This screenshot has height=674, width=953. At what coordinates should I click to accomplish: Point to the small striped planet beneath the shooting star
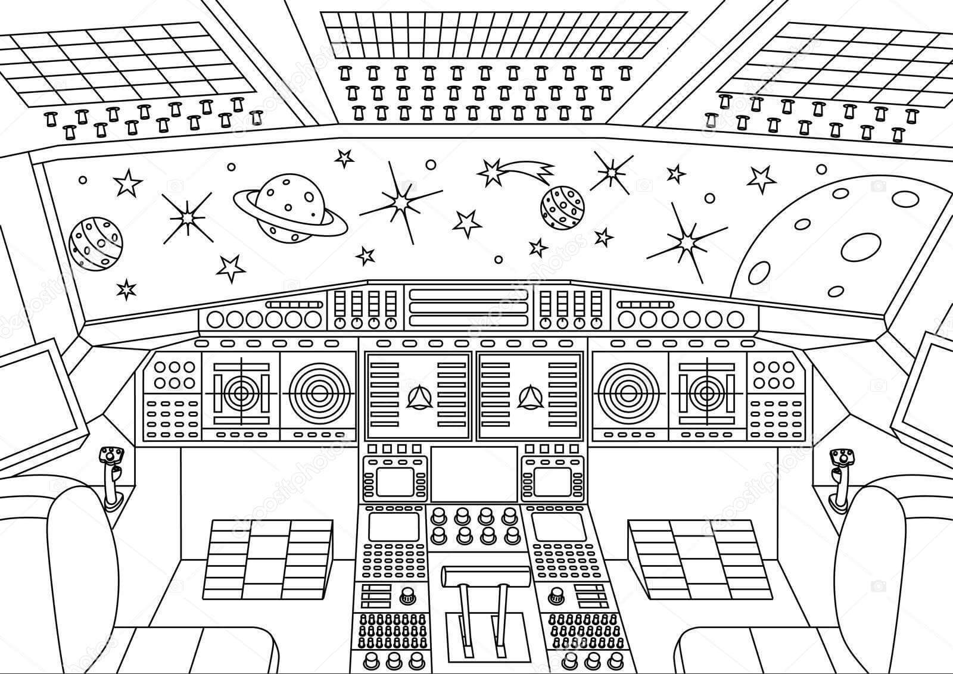point(562,207)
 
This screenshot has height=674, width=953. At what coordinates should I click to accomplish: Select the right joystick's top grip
point(842,457)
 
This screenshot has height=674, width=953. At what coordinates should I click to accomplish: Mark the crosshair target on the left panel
point(241,392)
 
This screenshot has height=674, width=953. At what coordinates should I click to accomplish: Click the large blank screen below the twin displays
point(474,474)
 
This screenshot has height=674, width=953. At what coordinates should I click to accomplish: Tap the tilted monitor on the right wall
point(927,393)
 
